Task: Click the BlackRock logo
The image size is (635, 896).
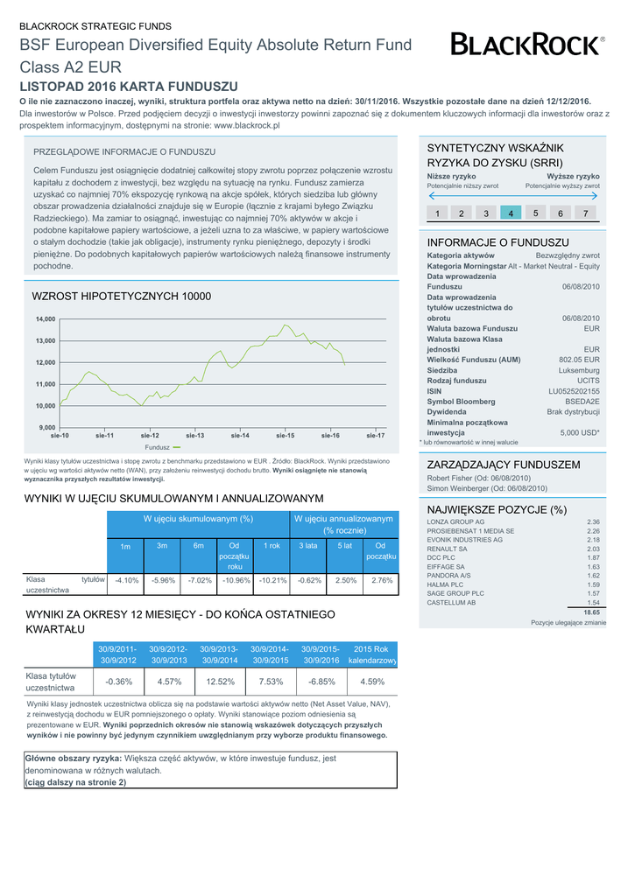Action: tap(527, 45)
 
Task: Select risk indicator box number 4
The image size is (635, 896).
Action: tap(511, 213)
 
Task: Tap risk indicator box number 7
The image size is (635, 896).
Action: tap(585, 213)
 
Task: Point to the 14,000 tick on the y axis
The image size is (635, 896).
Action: tap(46, 319)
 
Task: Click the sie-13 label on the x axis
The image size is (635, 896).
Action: tap(195, 435)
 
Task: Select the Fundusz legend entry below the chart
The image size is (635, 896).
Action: tap(163, 447)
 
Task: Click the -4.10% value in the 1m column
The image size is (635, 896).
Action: tap(127, 580)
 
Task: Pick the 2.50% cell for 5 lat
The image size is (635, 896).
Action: tap(346, 580)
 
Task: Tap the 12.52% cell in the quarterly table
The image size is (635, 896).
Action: tap(221, 682)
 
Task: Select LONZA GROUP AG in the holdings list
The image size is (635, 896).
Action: tap(455, 521)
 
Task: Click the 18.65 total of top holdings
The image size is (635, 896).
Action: tap(591, 612)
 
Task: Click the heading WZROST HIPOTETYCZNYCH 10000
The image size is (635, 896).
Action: tap(121, 297)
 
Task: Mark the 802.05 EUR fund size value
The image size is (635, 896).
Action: tap(579, 360)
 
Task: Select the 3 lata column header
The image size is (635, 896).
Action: tap(308, 546)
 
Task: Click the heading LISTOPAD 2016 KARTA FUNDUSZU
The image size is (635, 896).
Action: tap(129, 87)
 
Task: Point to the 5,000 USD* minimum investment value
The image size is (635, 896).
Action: tap(579, 432)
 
